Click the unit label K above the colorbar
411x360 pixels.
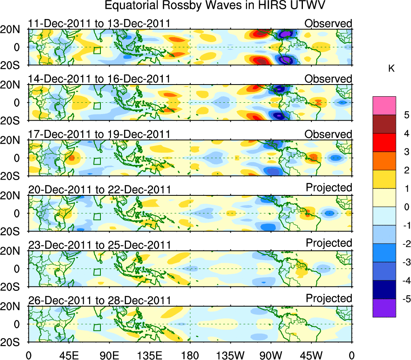(x=392, y=69)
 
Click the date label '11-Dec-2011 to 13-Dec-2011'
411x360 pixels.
(x=99, y=23)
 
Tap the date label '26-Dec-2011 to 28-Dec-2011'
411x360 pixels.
(x=99, y=300)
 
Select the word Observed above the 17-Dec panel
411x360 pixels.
(x=328, y=134)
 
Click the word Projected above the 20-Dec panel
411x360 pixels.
(x=329, y=188)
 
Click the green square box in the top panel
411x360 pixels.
(x=97, y=50)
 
